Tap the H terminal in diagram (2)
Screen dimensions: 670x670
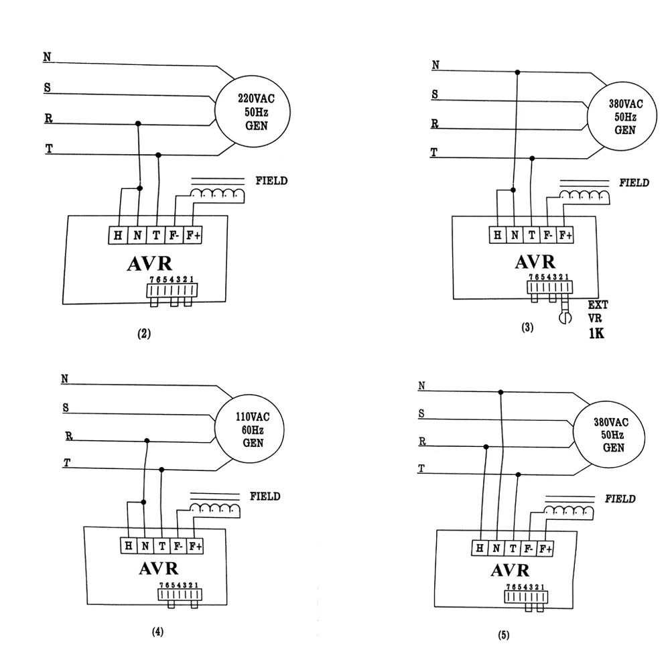(x=118, y=235)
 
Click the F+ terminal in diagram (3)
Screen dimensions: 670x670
(x=565, y=235)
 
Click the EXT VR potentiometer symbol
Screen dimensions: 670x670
(x=564, y=316)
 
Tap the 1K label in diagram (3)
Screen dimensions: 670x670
(x=596, y=333)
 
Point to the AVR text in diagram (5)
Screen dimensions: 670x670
(x=510, y=571)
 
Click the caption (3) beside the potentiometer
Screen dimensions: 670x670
(x=527, y=328)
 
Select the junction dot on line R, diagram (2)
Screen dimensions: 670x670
(x=138, y=123)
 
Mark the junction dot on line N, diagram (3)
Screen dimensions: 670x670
(x=517, y=72)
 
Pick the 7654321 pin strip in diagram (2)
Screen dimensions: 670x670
(x=173, y=289)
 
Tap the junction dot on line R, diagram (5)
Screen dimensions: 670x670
(x=486, y=447)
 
